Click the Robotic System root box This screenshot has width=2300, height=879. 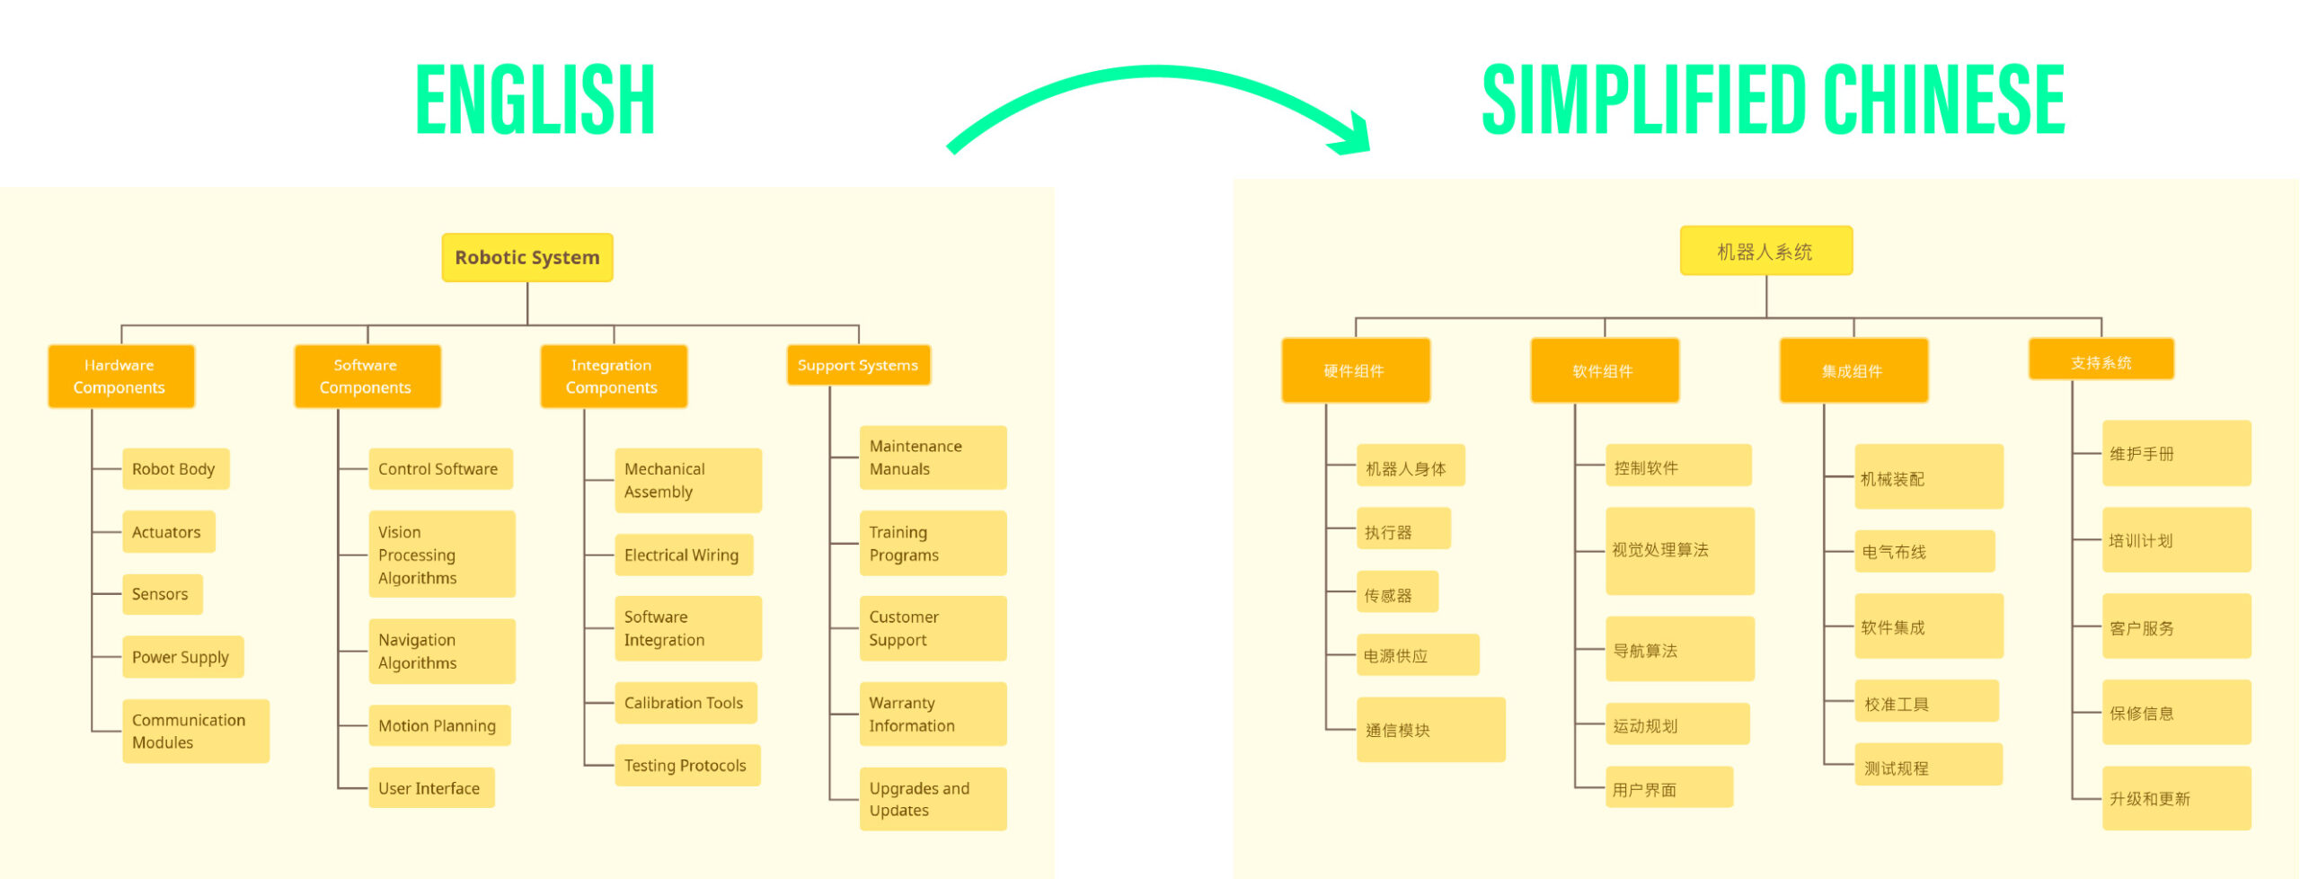(x=527, y=258)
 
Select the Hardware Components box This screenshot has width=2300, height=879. (x=120, y=377)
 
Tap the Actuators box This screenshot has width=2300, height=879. (x=168, y=532)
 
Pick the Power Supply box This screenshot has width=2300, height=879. (x=182, y=657)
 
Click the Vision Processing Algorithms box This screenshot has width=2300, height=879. (x=441, y=555)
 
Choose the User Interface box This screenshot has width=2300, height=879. (x=431, y=788)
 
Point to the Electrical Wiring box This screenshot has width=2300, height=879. (x=683, y=555)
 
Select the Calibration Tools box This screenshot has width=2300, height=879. (x=686, y=703)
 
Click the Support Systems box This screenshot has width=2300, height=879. (x=858, y=365)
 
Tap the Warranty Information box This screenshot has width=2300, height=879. (x=933, y=715)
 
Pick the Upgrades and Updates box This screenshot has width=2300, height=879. (x=933, y=799)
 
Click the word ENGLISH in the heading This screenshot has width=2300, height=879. (x=535, y=101)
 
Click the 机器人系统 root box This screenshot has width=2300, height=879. (x=1765, y=251)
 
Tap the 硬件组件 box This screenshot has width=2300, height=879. (x=1355, y=370)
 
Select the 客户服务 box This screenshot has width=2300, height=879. (x=2175, y=626)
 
